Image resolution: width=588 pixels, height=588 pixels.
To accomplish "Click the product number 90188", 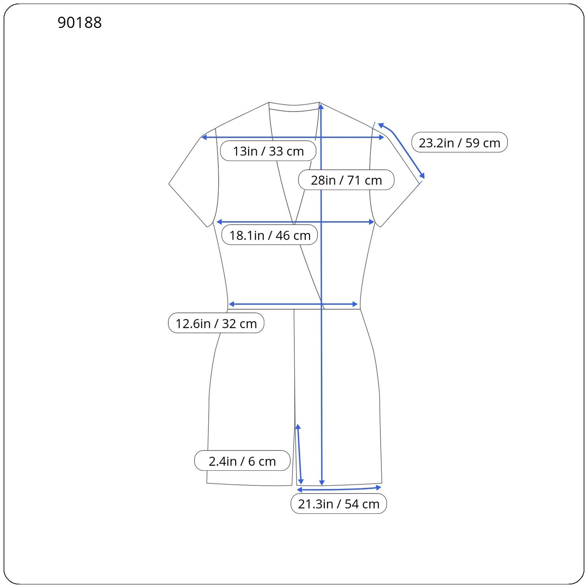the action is [x=79, y=22].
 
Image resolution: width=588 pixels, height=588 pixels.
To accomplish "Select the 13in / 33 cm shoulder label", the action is [x=268, y=151].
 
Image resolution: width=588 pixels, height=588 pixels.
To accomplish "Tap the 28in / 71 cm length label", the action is [x=346, y=180].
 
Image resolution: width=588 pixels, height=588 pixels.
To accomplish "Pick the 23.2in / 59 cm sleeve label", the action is [x=459, y=143].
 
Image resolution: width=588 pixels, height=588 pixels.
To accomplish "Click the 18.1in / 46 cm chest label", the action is [x=270, y=235].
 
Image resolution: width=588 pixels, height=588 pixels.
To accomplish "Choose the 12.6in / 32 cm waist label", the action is [x=216, y=323].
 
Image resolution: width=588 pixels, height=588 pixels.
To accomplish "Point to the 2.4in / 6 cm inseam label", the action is [x=242, y=461].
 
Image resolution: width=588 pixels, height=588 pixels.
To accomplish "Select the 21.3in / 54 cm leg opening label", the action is [x=338, y=503].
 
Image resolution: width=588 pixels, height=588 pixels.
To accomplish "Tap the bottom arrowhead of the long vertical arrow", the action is [x=322, y=483].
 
